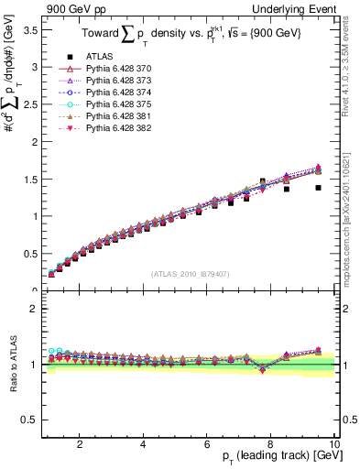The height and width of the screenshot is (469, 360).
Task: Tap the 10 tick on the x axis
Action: tap(335, 443)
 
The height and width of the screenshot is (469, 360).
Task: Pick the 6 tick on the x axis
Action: tap(207, 443)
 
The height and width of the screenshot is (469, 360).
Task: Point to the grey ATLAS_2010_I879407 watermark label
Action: tap(190, 272)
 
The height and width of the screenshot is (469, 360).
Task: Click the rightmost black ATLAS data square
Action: tap(318, 187)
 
